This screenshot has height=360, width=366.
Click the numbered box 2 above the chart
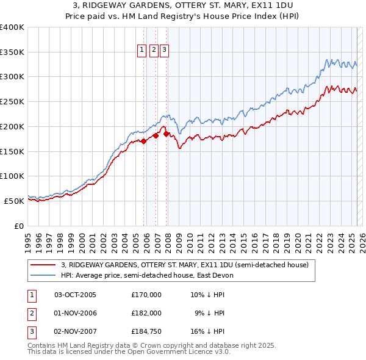(154, 51)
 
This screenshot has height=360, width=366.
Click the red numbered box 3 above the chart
(165, 51)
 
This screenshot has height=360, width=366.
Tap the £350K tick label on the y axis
(12, 52)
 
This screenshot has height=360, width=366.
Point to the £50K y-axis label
(14, 201)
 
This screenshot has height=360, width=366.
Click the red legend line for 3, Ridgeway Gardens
(42, 265)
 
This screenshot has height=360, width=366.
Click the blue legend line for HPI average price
(42, 276)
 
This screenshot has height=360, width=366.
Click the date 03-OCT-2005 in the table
(76, 295)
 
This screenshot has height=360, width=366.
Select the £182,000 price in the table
(146, 313)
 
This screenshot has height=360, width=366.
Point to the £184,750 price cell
(146, 331)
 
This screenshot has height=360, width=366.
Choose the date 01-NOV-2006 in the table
(76, 313)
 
